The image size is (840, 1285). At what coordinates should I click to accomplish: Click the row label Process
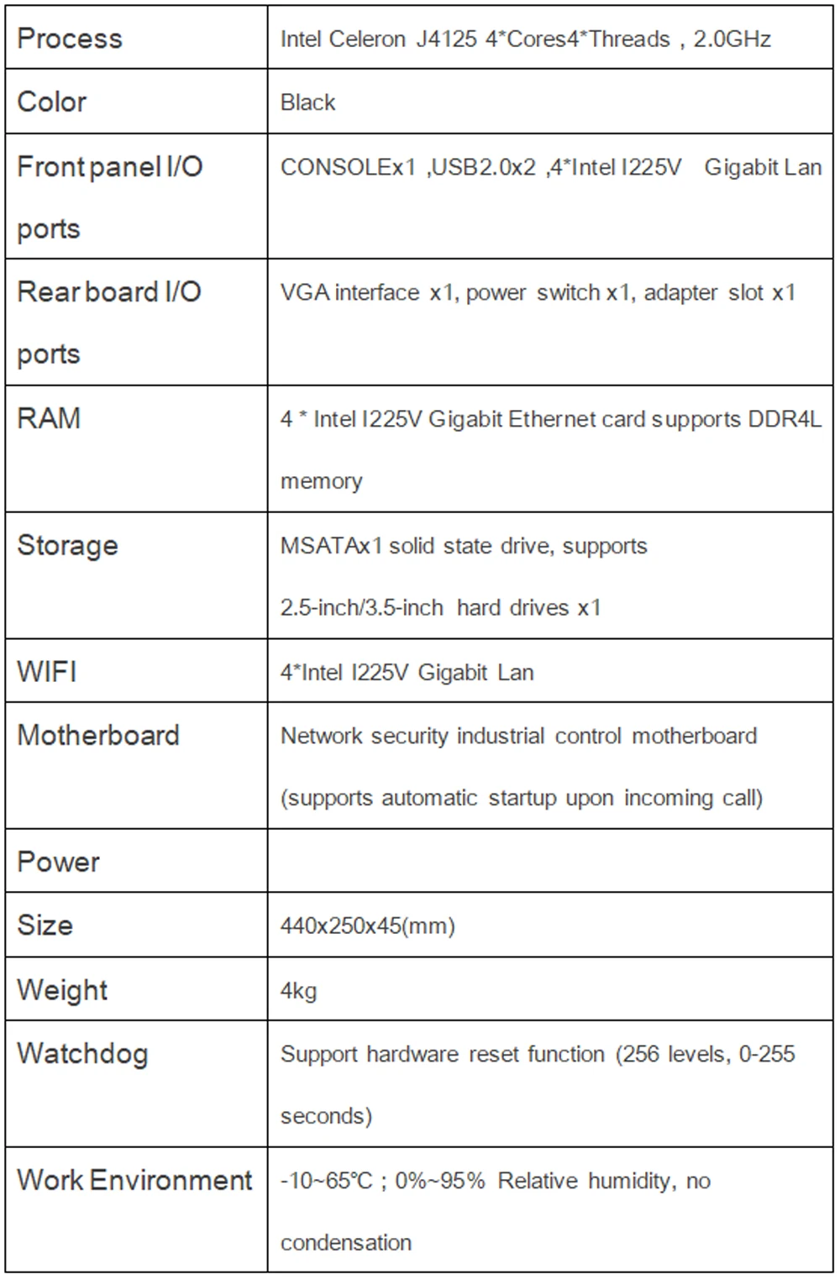click(x=70, y=39)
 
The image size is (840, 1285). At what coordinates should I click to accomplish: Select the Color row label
click(x=52, y=102)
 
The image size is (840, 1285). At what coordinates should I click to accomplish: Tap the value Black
click(x=307, y=102)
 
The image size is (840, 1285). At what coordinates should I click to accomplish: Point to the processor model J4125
click(x=447, y=39)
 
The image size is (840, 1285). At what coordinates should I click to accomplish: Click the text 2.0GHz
click(x=732, y=39)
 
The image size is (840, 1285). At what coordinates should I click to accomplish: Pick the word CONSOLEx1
click(x=348, y=167)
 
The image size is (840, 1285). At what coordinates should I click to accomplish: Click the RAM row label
click(x=49, y=418)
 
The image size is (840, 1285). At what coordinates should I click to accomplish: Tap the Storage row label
click(x=67, y=545)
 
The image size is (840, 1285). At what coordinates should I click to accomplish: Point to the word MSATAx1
click(x=331, y=546)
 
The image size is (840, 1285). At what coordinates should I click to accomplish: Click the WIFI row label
click(x=47, y=672)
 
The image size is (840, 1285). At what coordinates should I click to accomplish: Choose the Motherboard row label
click(x=98, y=736)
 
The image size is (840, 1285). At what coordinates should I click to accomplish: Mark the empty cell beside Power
click(x=549, y=862)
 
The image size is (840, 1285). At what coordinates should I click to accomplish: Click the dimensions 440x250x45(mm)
click(x=367, y=926)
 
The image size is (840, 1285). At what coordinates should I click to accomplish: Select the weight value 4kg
click(x=298, y=991)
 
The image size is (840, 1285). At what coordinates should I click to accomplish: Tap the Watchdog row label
click(x=82, y=1053)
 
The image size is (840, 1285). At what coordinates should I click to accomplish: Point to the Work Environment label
click(x=134, y=1180)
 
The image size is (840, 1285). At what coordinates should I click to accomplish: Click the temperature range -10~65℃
click(x=326, y=1181)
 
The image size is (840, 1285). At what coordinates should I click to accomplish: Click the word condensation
click(x=346, y=1243)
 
